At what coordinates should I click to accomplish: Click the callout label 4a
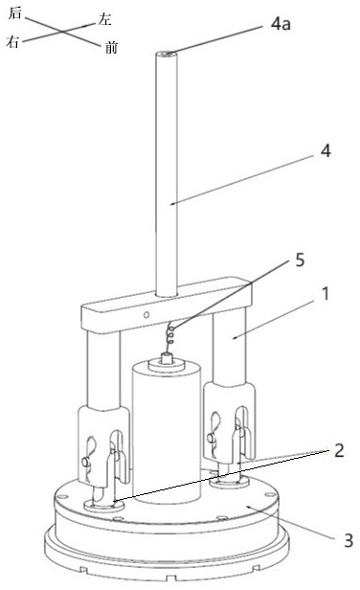(x=281, y=24)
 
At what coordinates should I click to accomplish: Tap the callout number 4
(x=326, y=151)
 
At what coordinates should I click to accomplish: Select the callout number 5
(x=300, y=260)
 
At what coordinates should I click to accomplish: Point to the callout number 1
(x=326, y=293)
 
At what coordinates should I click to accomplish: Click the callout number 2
(x=339, y=450)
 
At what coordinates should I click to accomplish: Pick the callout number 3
(x=349, y=541)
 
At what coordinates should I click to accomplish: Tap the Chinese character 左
(x=104, y=19)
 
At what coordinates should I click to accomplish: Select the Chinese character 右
(x=12, y=41)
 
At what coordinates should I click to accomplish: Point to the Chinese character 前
(x=111, y=48)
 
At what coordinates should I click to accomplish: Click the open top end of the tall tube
(x=167, y=55)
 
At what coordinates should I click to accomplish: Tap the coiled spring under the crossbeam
(x=170, y=334)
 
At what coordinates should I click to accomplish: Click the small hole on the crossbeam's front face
(x=146, y=314)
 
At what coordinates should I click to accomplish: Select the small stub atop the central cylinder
(x=166, y=358)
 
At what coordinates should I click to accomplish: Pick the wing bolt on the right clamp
(x=212, y=437)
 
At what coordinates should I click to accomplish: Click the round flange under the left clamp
(x=103, y=505)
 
